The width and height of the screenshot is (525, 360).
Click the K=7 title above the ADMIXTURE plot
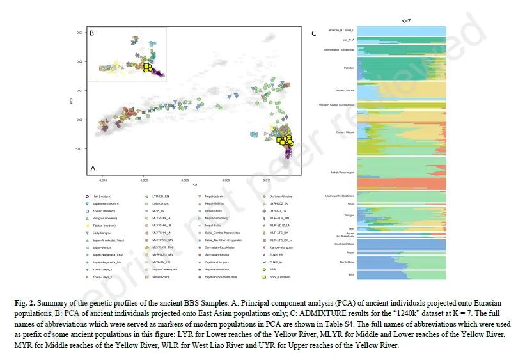[x=405, y=21]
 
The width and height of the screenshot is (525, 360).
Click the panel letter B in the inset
[x=92, y=33]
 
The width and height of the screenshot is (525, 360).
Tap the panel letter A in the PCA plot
[x=93, y=168]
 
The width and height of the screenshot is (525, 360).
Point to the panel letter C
[x=313, y=33]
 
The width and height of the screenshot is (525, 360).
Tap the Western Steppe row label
[x=345, y=90]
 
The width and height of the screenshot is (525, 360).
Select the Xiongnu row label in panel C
[x=349, y=215]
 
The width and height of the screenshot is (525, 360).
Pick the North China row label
[x=346, y=262]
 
